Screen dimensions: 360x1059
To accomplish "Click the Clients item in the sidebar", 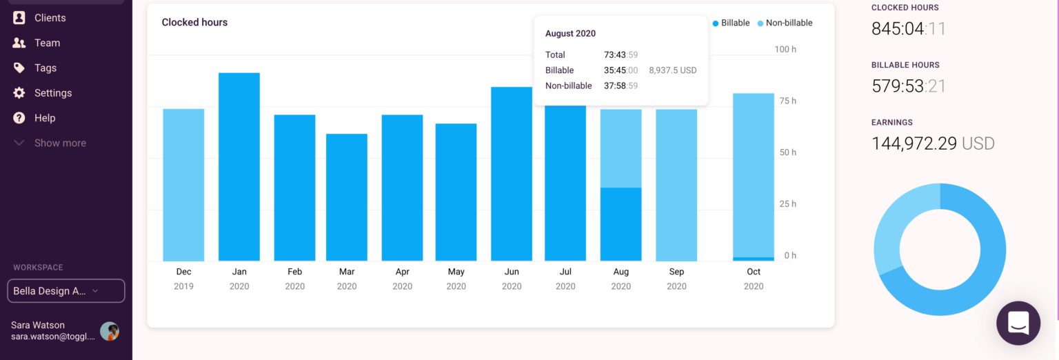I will (50, 18).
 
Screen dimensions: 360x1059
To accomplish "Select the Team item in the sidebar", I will (47, 43).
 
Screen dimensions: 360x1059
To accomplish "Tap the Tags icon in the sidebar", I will (19, 68).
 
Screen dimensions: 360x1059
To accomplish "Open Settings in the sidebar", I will (52, 93).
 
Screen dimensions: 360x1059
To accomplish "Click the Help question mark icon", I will (19, 118).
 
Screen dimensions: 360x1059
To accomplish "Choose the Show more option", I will (59, 143).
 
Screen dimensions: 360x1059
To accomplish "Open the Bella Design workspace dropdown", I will (66, 291).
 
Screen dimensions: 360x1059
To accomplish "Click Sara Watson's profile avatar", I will (110, 331).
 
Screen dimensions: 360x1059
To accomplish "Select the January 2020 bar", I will (239, 167).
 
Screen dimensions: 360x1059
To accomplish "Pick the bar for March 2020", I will (347, 197).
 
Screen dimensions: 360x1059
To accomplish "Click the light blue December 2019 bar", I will (183, 185).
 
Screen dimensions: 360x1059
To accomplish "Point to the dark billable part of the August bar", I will (621, 224).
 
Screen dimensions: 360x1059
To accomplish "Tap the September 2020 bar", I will (676, 185).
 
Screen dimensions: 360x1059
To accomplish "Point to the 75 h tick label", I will (787, 101).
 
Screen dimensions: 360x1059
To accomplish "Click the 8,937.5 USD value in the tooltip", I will (673, 70).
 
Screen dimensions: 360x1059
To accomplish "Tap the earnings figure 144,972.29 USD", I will (933, 143).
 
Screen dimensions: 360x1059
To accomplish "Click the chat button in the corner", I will (1018, 323).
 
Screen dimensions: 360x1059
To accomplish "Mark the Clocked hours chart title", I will (194, 22).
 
